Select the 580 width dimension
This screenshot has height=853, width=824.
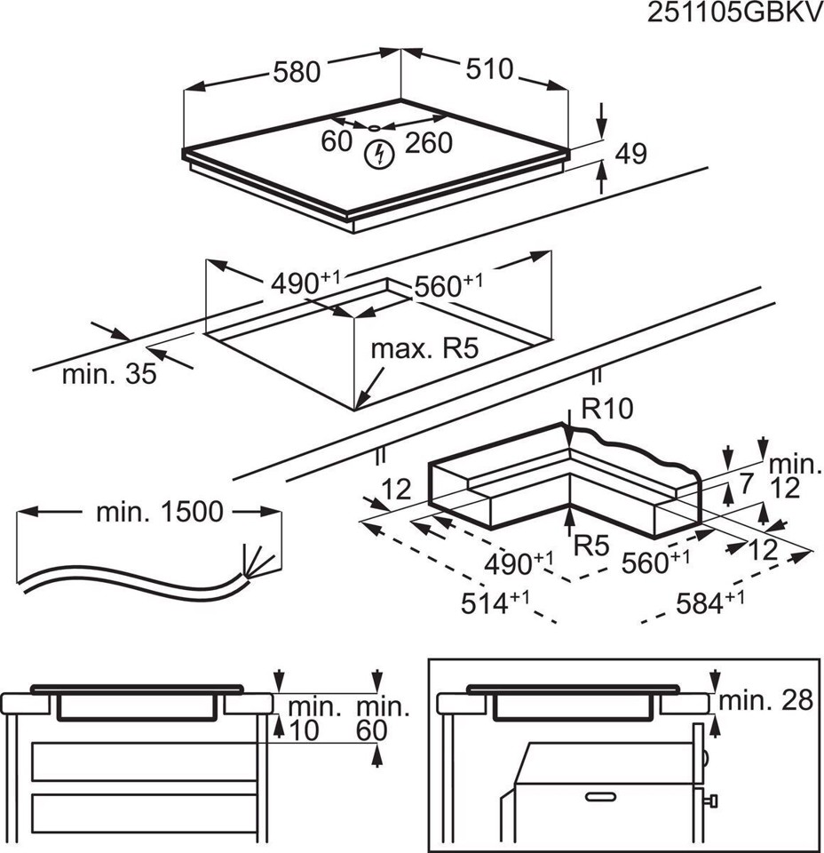[296, 72]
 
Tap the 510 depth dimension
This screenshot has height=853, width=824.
[487, 68]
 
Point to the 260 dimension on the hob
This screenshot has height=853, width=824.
[429, 142]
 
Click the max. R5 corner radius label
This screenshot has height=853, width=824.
[424, 348]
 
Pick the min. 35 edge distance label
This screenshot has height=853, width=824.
[108, 374]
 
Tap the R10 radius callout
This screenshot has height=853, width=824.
[606, 410]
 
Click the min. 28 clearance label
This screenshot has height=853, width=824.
[765, 700]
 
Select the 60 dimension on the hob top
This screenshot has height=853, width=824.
[337, 141]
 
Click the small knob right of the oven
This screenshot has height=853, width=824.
[711, 802]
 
